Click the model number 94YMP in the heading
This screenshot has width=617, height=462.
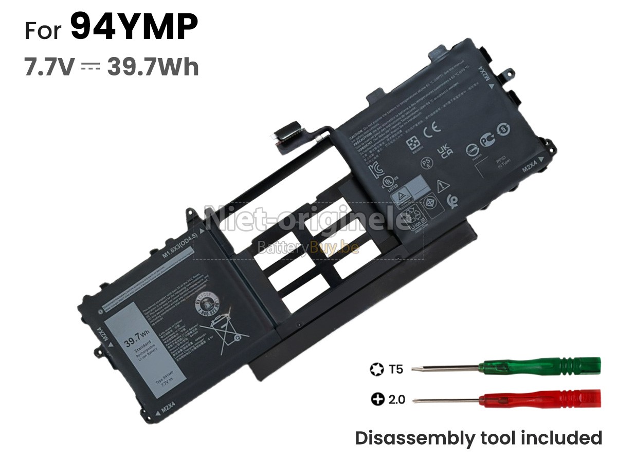[134, 28]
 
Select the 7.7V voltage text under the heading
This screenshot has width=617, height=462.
[49, 67]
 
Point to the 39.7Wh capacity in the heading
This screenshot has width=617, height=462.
[153, 67]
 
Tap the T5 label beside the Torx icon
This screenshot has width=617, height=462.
[396, 369]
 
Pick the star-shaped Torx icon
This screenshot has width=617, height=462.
[376, 369]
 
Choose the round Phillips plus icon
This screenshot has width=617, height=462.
[378, 399]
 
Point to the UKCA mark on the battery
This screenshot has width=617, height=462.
[444, 150]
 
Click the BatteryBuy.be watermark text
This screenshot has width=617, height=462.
[308, 248]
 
